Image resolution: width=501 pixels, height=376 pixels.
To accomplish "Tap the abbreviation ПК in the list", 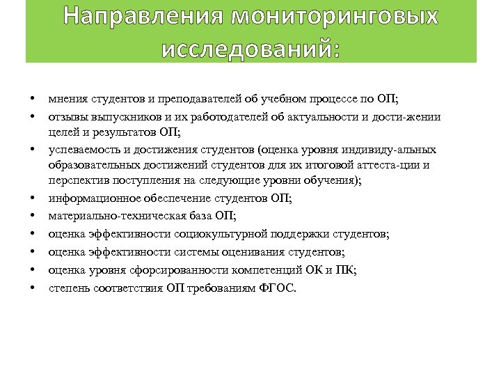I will click(344, 269).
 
